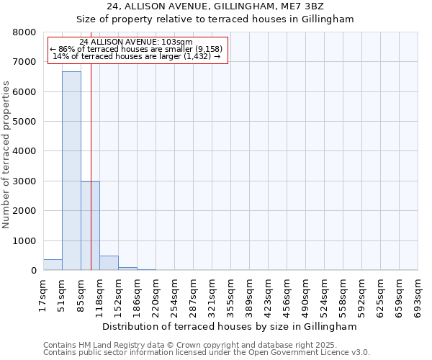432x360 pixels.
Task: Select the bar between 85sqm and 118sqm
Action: (x=90, y=226)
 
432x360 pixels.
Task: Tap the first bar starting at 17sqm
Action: (x=53, y=265)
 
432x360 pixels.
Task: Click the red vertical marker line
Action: (x=91, y=144)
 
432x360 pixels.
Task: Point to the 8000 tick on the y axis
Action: (x=24, y=32)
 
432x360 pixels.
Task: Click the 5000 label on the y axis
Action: (x=24, y=122)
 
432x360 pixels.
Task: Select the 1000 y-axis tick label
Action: (x=24, y=241)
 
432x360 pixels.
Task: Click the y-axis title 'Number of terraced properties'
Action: (x=6, y=155)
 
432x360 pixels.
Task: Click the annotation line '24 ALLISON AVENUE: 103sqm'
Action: (x=137, y=42)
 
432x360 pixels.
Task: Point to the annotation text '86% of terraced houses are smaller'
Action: (x=137, y=49)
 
